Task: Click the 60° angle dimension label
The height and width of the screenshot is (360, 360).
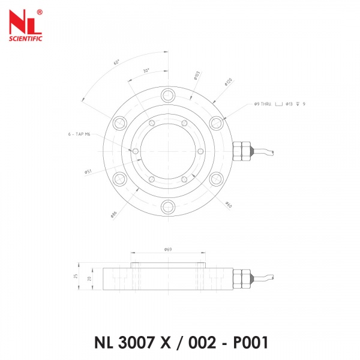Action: pyautogui.click(x=116, y=62)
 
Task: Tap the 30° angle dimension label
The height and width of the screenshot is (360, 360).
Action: pyautogui.click(x=147, y=70)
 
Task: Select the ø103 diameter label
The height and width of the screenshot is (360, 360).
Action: pyautogui.click(x=197, y=76)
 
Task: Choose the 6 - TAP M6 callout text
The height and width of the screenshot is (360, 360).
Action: pyautogui.click(x=80, y=135)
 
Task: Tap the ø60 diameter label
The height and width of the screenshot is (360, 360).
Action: pyautogui.click(x=229, y=205)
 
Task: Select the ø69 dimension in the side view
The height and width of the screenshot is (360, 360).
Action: pyautogui.click(x=168, y=249)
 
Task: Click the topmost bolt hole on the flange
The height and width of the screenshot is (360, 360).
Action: pyautogui.click(x=169, y=94)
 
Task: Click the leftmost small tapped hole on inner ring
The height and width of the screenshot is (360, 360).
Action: pyautogui.click(x=136, y=151)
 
